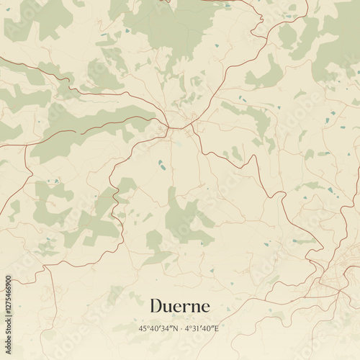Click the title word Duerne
tap(180, 306)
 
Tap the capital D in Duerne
tap(156, 306)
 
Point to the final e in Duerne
tap(206, 307)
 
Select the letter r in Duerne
tap(186, 307)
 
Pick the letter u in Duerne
tap(168, 307)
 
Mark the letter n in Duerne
tap(195, 307)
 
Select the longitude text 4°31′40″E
tap(201, 329)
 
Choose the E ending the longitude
tap(215, 329)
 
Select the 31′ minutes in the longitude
tap(197, 329)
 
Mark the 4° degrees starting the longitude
tap(188, 329)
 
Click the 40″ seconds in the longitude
tap(207, 329)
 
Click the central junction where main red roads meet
tap(173, 127)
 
